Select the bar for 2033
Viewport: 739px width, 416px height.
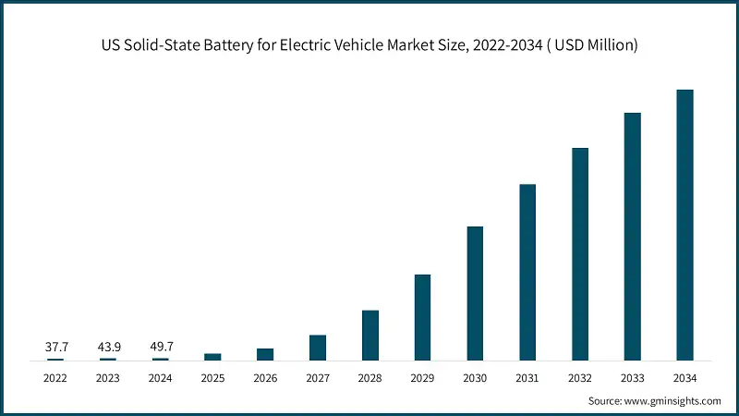coord(632,237)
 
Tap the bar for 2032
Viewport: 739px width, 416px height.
coord(580,253)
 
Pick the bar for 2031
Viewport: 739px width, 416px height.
coord(527,272)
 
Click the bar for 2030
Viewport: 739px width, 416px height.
coord(475,293)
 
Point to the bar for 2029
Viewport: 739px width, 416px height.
coord(422,317)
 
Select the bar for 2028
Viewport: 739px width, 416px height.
coord(370,335)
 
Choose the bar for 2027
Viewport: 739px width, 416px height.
coord(318,348)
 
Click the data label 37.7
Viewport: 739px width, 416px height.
coord(56,347)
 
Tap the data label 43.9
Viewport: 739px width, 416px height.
coord(108,347)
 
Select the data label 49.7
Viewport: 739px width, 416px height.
coord(161,347)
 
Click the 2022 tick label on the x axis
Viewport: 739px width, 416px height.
coord(56,378)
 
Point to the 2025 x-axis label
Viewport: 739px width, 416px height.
coord(213,378)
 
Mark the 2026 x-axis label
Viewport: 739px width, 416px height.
coord(265,378)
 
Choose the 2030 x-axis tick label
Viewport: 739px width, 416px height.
coord(475,378)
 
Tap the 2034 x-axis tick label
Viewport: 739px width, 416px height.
coord(684,378)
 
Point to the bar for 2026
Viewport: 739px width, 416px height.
coord(265,354)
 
